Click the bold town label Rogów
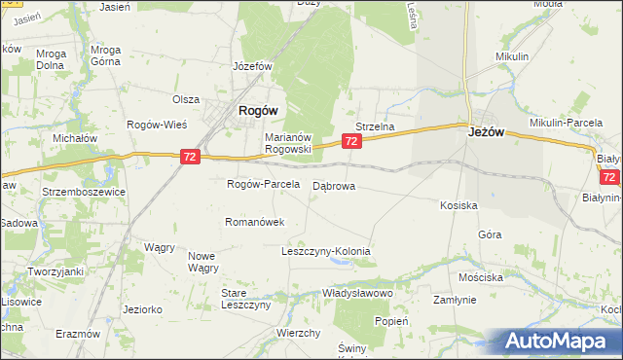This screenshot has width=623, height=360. pos(260,111)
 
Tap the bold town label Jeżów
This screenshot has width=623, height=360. pos(484,131)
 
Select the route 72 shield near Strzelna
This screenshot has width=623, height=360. pos(352,142)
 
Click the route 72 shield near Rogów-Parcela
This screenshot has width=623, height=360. pos(191,156)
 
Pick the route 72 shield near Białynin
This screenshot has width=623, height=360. pos(609,177)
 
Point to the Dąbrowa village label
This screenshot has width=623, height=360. pos(333,185)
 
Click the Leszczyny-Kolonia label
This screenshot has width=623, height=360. pos(325,251)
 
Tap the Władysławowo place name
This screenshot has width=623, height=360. pos(356,293)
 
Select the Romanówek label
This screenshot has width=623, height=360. pos(254,222)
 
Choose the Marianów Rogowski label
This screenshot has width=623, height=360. pos(287,143)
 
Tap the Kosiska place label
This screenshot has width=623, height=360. pos(458,206)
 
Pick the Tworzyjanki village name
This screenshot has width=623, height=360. pos(55,271)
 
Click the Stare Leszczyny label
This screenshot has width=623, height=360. pos(245,299)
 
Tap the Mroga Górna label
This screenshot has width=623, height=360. pos(104,55)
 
